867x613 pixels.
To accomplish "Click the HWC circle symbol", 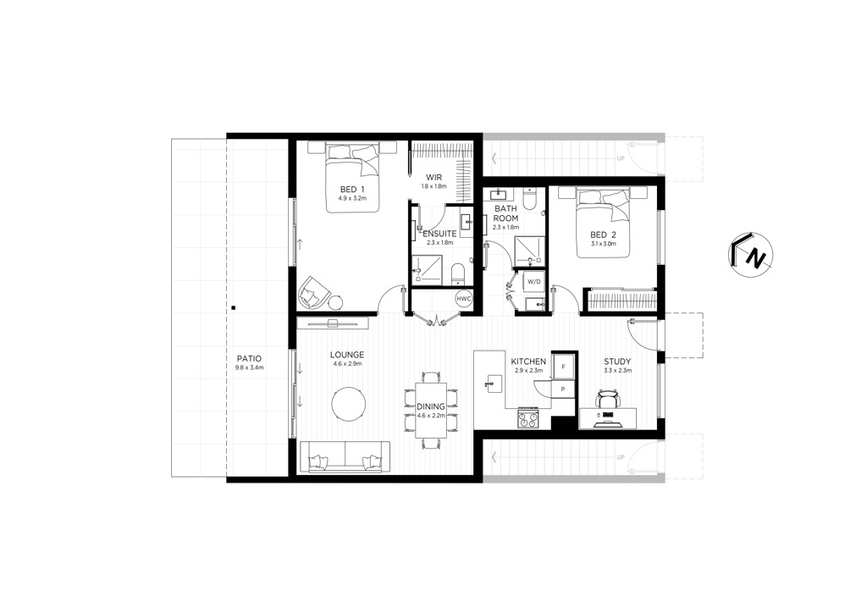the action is coord(463,299).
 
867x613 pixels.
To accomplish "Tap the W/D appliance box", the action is coord(533,281).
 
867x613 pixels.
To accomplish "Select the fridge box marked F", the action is coord(563,367).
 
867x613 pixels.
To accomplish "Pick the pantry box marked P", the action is coord(563,389).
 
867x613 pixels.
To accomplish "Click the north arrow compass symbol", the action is coord(750,254).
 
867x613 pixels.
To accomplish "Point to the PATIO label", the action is coord(248,359).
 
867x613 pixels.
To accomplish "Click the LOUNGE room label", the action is coord(347,355).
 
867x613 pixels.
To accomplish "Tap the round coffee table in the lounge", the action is coord(348,405).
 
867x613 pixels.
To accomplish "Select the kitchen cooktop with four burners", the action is coord(527,418).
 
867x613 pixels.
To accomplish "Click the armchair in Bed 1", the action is coord(314,291).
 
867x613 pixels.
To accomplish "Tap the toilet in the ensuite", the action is coord(458,274).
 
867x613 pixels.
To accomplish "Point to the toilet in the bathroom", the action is coord(530,200).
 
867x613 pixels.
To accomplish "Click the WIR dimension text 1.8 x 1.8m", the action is coord(434,186).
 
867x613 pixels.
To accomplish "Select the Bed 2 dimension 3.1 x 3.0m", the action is coord(603,243).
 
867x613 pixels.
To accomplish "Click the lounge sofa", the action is coord(345,457).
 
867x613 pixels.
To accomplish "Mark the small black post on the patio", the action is coord(234,308).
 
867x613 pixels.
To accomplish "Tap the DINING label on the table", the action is coord(431,406).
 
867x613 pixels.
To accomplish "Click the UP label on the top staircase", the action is coord(621,158).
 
